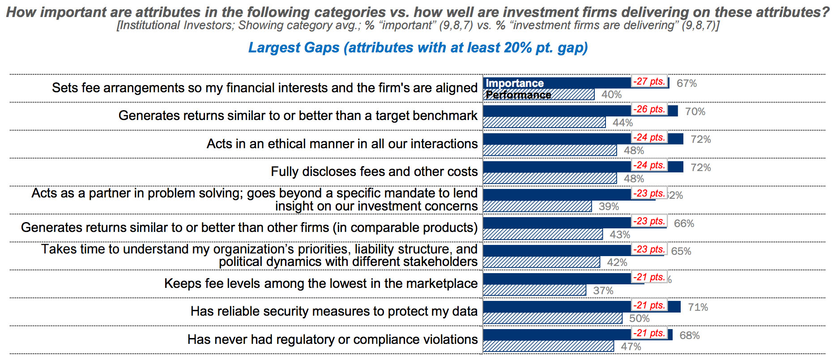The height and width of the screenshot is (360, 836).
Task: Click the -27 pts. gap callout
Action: pyautogui.click(x=649, y=81)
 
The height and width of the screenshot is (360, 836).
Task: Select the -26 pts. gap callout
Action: pyautogui.click(x=649, y=109)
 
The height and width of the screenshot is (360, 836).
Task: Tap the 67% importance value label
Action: pyautogui.click(x=687, y=83)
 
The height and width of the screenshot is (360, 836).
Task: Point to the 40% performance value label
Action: pyautogui.click(x=611, y=94)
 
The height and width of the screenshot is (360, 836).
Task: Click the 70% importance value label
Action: pyautogui.click(x=695, y=111)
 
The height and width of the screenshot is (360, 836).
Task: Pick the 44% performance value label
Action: pyautogui.click(x=623, y=123)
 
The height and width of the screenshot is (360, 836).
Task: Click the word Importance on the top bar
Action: pyautogui.click(x=515, y=83)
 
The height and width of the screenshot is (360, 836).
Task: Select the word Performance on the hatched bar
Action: pyautogui.click(x=518, y=95)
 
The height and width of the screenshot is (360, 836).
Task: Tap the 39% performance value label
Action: pyautogui.click(x=609, y=206)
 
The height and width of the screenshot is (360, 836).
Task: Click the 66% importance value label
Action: pyautogui.click(x=684, y=223)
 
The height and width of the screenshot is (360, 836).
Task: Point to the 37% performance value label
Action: pyautogui.click(x=603, y=291)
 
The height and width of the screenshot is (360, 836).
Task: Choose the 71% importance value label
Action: pyautogui.click(x=698, y=307)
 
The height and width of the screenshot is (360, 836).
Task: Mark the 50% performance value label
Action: pyautogui.click(x=639, y=318)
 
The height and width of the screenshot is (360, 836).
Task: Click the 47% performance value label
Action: pyautogui.click(x=631, y=347)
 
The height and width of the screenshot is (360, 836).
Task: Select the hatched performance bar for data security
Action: pyautogui.click(x=552, y=318)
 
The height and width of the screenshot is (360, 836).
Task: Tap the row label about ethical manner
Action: pyautogui.click(x=342, y=144)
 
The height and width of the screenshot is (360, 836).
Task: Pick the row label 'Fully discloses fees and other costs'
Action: pyautogui.click(x=374, y=171)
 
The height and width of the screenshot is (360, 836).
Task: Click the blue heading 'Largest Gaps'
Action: pyautogui.click(x=418, y=47)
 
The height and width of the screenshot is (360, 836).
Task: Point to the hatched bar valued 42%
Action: pyautogui.click(x=541, y=262)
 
